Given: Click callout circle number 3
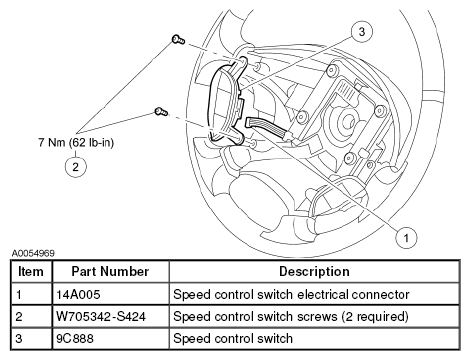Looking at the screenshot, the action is (x=362, y=32).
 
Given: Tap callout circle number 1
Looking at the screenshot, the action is (x=406, y=238).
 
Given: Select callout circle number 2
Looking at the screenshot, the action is (x=76, y=167).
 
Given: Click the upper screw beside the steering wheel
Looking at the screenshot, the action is (x=178, y=40).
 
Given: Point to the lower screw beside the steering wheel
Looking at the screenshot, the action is (x=161, y=111).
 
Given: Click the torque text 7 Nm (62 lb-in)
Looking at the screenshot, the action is (x=76, y=143).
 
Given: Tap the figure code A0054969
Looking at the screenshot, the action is (x=33, y=253).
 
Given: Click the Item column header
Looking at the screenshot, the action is (x=31, y=271).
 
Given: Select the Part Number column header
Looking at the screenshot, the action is (x=110, y=271).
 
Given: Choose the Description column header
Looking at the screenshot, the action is (x=314, y=271).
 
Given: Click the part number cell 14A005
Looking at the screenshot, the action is (x=78, y=295).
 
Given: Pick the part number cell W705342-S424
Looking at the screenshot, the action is (x=101, y=316).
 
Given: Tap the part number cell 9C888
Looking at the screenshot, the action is (x=75, y=338).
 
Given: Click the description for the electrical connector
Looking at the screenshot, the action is (x=291, y=295).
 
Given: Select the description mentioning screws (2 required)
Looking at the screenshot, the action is (x=291, y=316).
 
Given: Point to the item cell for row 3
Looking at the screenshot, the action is (x=19, y=338).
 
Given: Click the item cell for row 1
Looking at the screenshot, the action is (x=19, y=295).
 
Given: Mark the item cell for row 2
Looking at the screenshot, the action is (x=19, y=316).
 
